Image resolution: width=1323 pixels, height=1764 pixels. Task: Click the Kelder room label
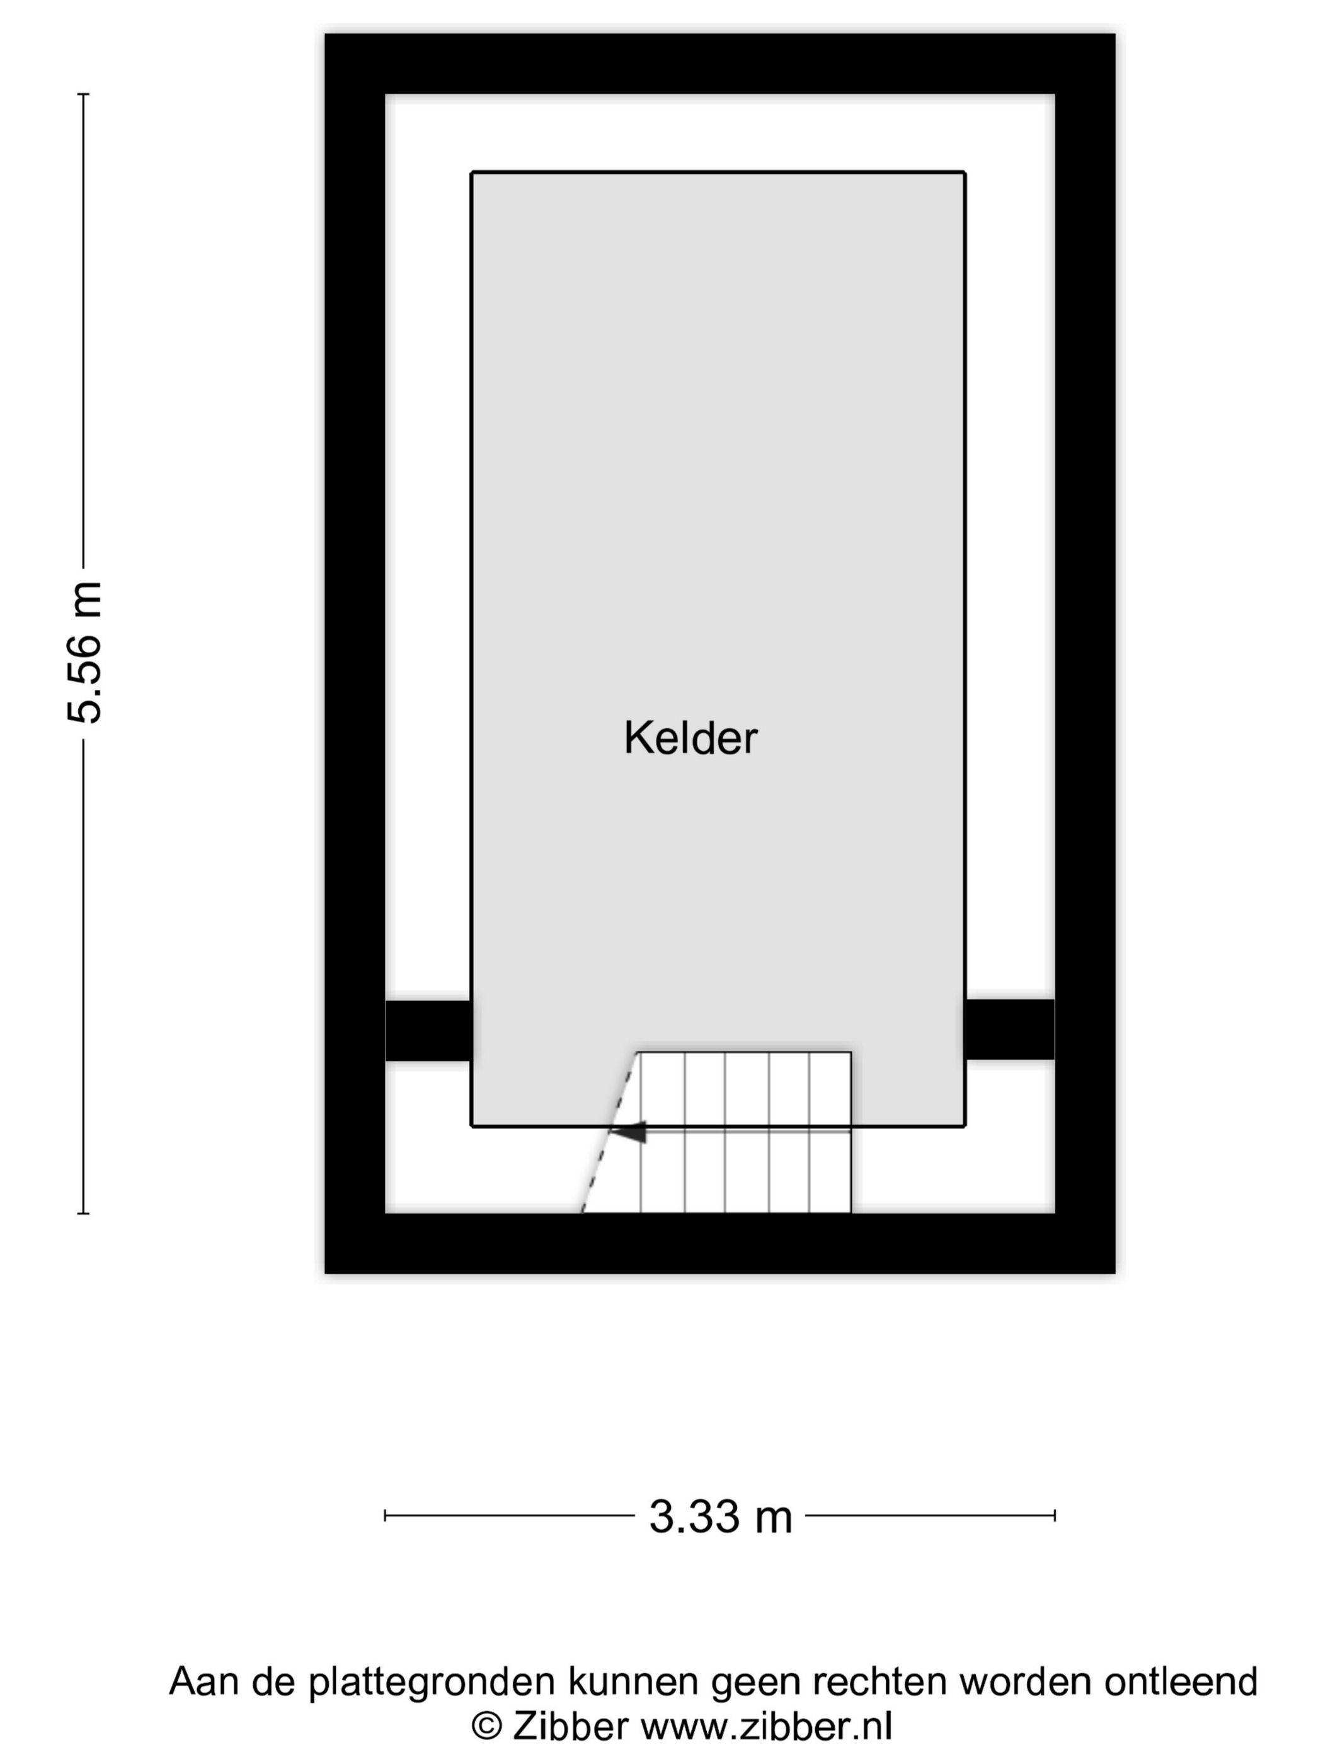[x=690, y=738]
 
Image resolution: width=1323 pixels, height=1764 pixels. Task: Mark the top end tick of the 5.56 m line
[x=84, y=94]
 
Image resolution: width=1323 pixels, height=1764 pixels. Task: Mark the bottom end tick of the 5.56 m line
[x=84, y=1214]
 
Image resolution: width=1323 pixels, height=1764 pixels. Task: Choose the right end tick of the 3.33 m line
[x=1054, y=1515]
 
